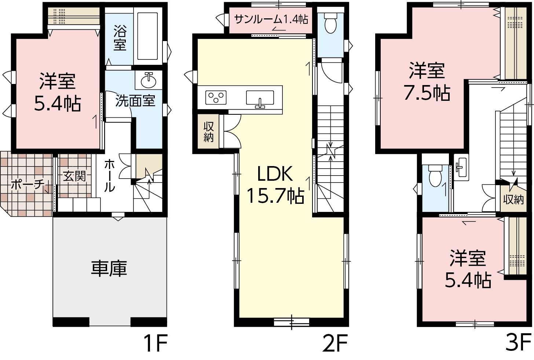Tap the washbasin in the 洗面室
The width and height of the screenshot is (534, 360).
[149, 81]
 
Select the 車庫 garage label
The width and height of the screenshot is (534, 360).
[109, 268]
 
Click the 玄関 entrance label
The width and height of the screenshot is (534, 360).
[74, 177]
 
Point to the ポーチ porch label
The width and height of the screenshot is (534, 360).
[28, 184]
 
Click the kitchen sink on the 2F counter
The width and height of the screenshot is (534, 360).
[260, 98]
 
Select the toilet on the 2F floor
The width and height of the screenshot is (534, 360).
[331, 23]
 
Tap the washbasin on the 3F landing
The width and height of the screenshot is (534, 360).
[461, 167]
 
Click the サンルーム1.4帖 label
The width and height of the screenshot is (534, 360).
[271, 19]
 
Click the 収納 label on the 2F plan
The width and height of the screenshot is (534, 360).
[208, 132]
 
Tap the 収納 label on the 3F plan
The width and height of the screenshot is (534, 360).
[513, 199]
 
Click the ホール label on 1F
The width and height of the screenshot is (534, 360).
[109, 176]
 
